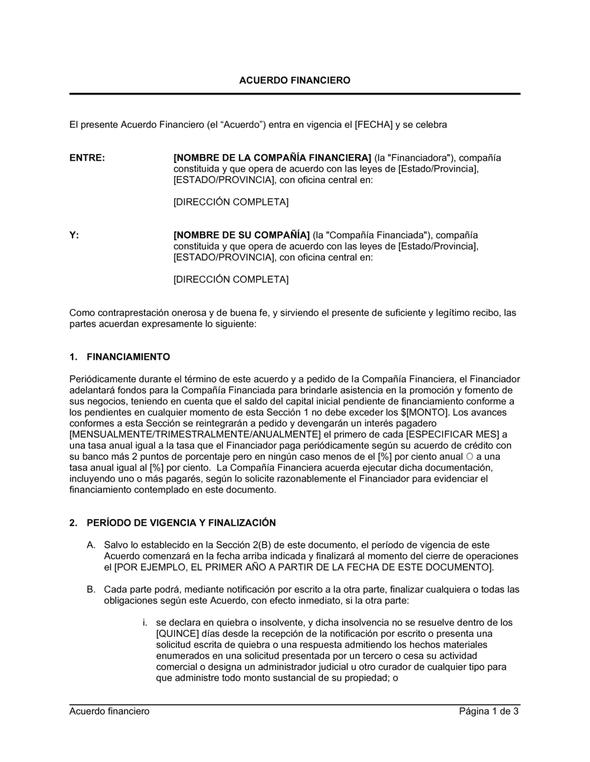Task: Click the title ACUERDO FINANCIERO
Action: (x=294, y=80)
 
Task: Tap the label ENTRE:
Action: (x=87, y=158)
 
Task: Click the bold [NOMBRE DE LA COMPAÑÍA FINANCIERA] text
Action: (x=272, y=158)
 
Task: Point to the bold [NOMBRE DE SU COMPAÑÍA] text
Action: (x=241, y=235)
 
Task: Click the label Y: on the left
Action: (x=74, y=235)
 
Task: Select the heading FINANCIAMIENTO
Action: (x=128, y=357)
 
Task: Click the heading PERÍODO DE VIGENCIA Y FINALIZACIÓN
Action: (x=181, y=523)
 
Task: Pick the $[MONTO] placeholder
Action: (x=420, y=412)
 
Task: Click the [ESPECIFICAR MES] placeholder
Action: (x=444, y=434)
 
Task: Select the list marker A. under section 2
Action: (x=91, y=545)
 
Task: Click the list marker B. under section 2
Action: (x=91, y=590)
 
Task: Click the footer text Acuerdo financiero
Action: (x=109, y=711)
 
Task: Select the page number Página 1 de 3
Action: (x=489, y=711)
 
